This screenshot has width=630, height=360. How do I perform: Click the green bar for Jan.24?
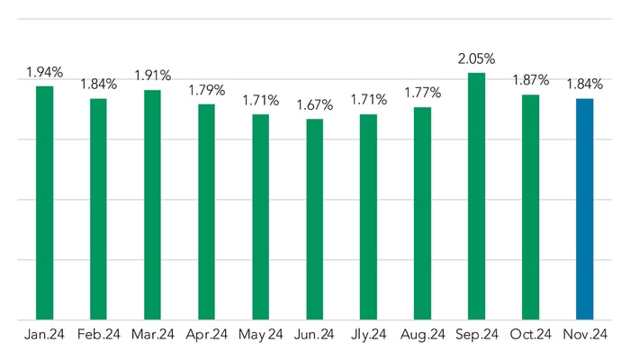44,202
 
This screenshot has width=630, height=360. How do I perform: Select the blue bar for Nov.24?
584,209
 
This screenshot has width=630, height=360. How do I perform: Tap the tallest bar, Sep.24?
476,196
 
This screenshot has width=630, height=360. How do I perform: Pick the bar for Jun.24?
314,219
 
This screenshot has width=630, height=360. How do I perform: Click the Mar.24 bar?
152,204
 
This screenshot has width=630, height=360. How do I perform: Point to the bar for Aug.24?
422,213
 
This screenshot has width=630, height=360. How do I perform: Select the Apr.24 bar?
206,211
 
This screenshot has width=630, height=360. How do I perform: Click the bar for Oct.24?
530,207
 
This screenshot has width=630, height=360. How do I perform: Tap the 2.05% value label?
476,58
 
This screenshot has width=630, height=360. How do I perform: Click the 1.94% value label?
44,72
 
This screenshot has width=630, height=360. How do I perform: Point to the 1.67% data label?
314,105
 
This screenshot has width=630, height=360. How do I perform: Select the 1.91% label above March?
152,76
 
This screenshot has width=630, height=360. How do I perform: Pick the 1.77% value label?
422,94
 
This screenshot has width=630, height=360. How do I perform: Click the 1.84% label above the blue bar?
584,85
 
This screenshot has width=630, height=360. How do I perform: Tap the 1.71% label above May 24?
260,101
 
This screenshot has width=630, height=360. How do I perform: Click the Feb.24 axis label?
98,335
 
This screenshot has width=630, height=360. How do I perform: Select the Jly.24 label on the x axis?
368,335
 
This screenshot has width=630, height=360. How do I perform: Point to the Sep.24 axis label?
476,335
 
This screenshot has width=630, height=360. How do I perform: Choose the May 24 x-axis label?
260,335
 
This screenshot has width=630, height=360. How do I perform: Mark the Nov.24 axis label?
584,335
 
